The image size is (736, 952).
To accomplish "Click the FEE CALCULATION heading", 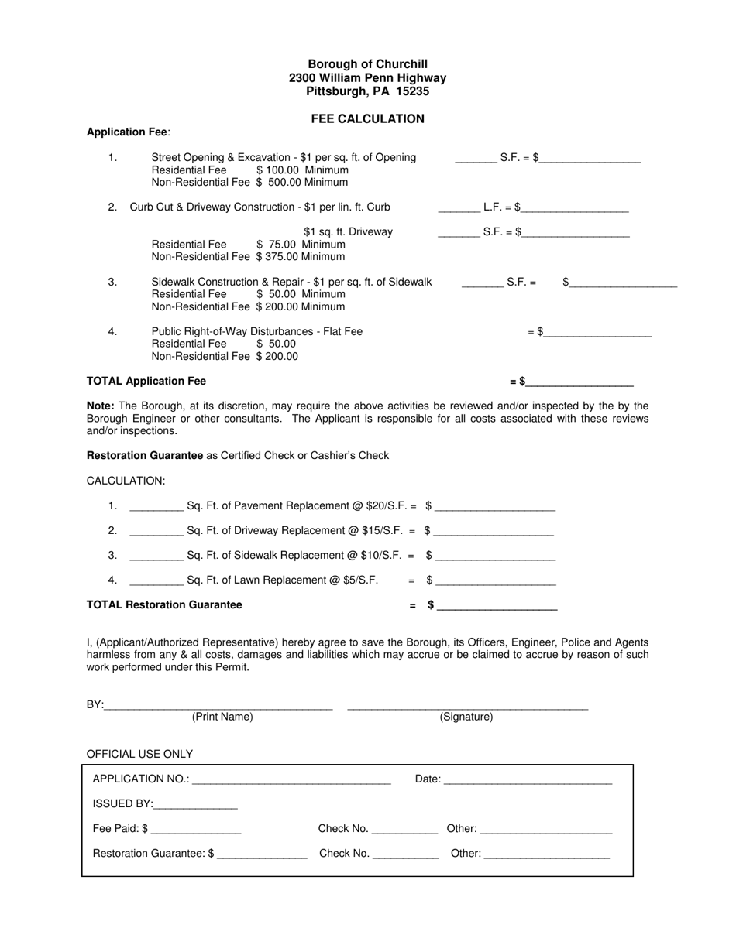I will coord(367,118).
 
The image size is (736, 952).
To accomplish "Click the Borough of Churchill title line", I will coord(367,64).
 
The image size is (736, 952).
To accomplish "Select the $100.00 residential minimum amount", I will coord(279,170).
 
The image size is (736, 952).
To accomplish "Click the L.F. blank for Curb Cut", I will coord(459,208).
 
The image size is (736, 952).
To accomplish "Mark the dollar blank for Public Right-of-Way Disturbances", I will coord(597,333).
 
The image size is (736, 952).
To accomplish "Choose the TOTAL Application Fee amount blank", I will coord(580,382).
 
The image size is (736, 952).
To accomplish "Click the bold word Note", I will coord(100,406).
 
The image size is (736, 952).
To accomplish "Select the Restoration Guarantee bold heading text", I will coord(145,455).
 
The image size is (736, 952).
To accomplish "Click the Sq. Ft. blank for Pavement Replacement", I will coord(156,507).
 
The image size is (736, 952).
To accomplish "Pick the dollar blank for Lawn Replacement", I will coord(496,581).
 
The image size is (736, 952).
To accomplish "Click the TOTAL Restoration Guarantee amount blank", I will coord(497,606).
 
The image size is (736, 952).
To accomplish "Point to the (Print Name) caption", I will coord(222,717).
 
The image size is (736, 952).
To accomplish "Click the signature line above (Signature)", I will coord(467,705).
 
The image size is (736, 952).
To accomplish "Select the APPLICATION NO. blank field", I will coord(291,780).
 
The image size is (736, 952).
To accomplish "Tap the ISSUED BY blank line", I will coord(196,805).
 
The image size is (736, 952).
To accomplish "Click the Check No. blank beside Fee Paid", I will coord(404,830).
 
